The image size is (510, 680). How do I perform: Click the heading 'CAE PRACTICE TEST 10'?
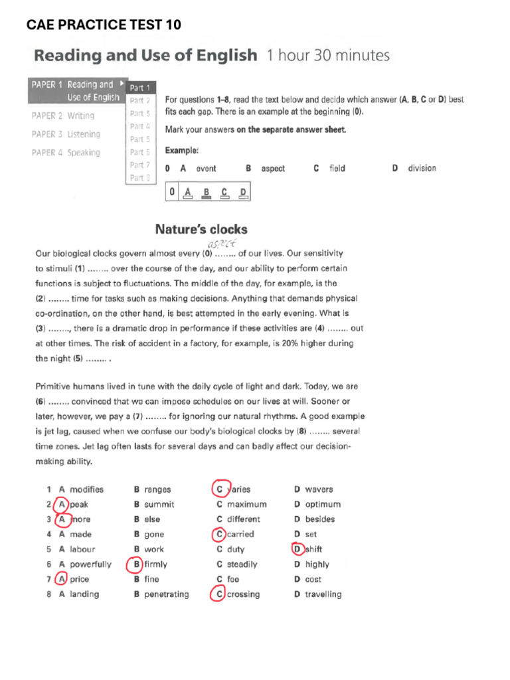(x=104, y=25)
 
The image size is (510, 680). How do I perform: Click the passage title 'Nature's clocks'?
(x=201, y=229)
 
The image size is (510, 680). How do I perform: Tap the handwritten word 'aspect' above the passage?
(x=222, y=243)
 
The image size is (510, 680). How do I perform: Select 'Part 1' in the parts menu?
(x=140, y=88)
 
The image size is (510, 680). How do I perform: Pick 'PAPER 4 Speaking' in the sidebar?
(x=66, y=153)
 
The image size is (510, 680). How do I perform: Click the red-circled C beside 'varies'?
(x=220, y=489)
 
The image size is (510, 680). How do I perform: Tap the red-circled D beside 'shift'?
(x=297, y=549)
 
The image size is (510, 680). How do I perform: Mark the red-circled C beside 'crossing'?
(x=219, y=594)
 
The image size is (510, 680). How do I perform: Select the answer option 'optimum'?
(x=323, y=505)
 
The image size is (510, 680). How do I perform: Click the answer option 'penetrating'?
(x=167, y=594)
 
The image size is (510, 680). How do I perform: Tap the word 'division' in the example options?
(x=422, y=169)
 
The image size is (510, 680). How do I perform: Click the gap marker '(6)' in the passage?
(x=42, y=402)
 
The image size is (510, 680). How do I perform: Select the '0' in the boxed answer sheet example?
(x=172, y=193)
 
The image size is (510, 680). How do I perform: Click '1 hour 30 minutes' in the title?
(x=328, y=56)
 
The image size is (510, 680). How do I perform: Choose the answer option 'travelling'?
(x=323, y=594)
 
